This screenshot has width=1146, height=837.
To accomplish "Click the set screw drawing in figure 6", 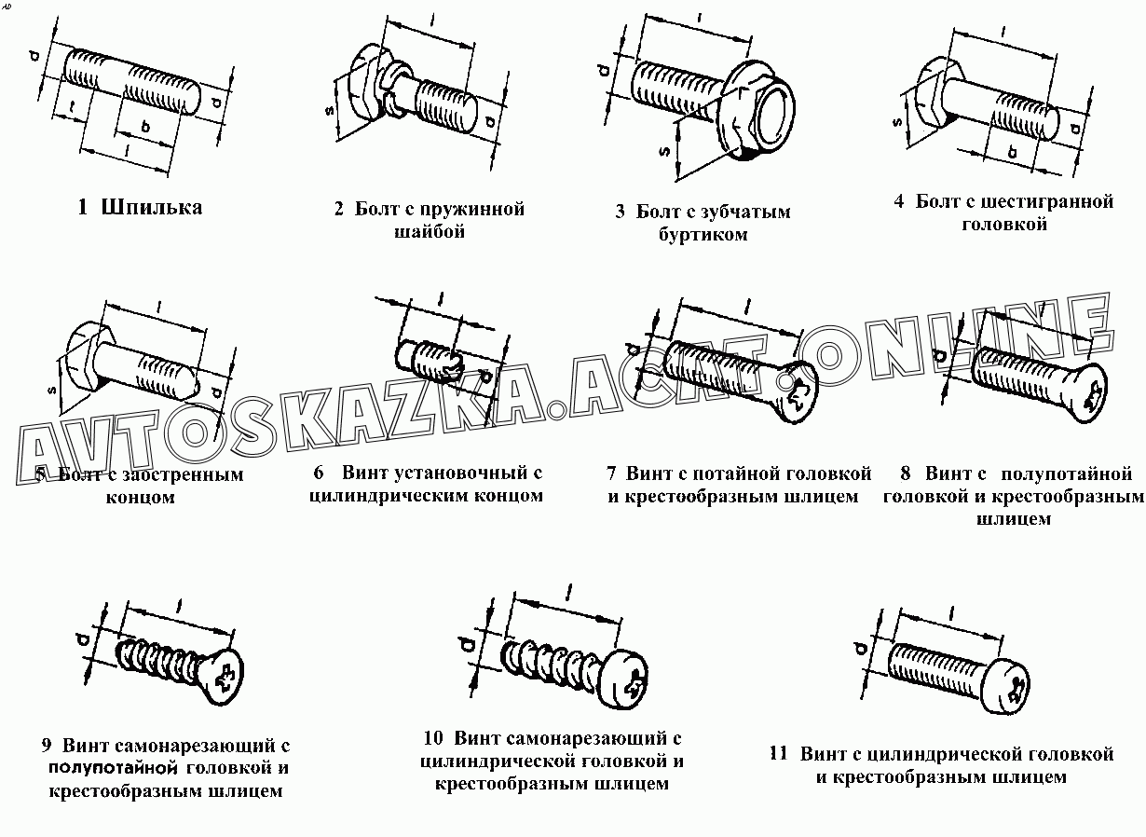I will point(438,363).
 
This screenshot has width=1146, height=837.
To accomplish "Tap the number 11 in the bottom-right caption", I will point(779,753).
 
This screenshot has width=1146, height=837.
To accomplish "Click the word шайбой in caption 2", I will point(430,230).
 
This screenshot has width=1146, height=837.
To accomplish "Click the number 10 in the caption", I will point(432,737).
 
